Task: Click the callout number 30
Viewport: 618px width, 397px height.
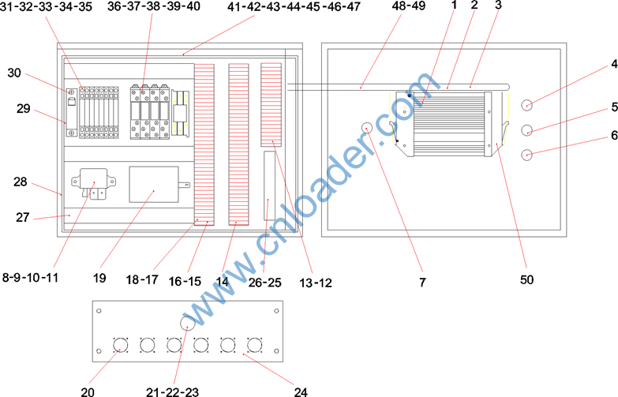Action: click(x=14, y=73)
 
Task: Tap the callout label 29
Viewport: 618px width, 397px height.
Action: click(x=23, y=108)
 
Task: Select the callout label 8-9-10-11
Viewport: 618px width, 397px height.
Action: click(x=30, y=278)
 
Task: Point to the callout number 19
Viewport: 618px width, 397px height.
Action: click(x=99, y=278)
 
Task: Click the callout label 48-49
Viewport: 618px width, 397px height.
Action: click(x=409, y=6)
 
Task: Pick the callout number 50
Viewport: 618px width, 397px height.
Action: click(x=527, y=279)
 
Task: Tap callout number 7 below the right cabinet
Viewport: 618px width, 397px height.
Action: click(x=422, y=282)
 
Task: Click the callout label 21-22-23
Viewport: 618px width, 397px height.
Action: click(x=173, y=391)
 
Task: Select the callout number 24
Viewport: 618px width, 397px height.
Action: click(x=301, y=391)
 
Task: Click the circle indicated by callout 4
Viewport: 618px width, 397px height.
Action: click(x=527, y=105)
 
